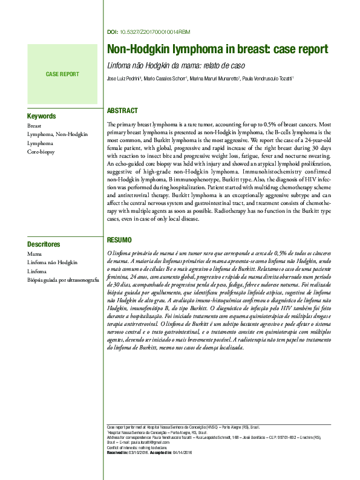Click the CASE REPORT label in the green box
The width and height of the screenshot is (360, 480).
62,74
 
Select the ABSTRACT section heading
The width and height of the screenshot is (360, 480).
122,111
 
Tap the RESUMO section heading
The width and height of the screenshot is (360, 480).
119,241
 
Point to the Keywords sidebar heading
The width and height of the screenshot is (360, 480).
42,116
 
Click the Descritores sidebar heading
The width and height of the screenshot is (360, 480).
44,245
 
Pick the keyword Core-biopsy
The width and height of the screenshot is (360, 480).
41,152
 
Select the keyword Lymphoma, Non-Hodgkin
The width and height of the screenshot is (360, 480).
53,134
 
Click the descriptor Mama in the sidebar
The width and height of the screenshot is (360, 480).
34,255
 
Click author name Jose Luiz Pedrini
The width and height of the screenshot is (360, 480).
123,78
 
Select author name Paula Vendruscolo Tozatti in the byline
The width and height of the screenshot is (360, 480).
267,78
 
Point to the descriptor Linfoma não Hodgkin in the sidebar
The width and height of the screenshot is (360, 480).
53,264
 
